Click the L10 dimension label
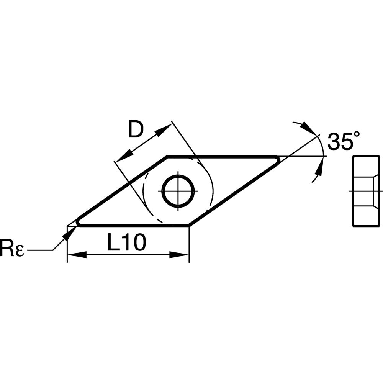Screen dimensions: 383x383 (x=126, y=242)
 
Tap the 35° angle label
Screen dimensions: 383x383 (x=344, y=141)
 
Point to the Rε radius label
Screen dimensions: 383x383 (x=12, y=248)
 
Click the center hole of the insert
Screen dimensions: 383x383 (x=178, y=191)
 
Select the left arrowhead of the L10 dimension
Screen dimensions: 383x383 (x=77, y=255)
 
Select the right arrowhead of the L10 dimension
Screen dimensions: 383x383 (x=179, y=255)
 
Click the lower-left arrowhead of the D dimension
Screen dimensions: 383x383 (x=124, y=156)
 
